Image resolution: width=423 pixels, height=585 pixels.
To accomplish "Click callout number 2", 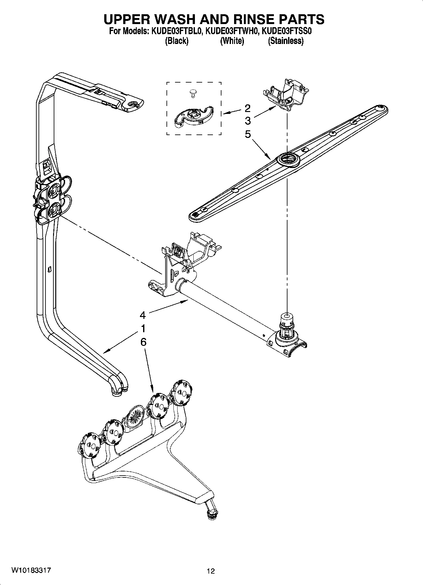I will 247,108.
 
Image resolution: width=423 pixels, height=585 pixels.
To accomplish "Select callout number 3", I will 247,121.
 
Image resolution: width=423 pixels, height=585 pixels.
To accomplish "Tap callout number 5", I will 247,134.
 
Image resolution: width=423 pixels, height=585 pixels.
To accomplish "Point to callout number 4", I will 143,315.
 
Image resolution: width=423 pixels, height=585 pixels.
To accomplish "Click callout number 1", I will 143,328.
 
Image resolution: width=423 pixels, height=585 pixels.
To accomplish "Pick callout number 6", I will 143,342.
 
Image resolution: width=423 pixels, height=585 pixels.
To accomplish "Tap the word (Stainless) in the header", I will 286,41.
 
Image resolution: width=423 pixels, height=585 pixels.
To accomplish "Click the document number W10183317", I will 31,570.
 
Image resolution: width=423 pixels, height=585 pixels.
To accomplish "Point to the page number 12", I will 211,571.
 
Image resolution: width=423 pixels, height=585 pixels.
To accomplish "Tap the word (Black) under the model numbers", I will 177,41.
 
